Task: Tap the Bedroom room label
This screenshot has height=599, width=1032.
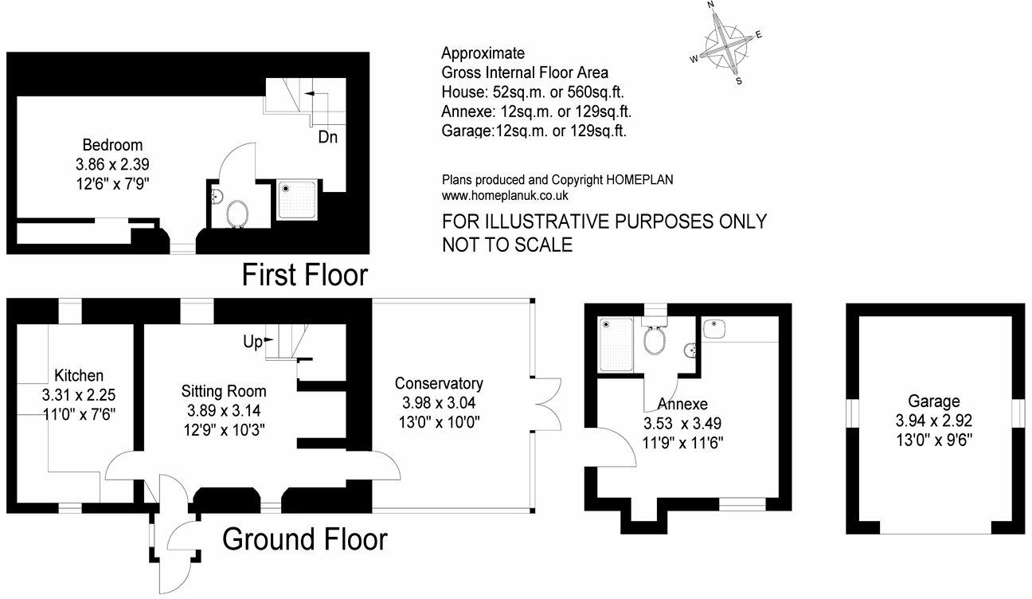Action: [112, 145]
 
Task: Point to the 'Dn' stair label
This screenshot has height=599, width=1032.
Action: [327, 137]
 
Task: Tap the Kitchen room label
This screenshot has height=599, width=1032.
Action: [78, 375]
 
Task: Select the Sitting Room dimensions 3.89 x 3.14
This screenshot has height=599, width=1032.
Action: [223, 411]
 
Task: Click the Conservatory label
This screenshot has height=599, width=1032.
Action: [439, 383]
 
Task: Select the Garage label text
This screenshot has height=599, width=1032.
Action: [933, 401]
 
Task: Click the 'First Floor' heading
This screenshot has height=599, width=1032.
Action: [305, 276]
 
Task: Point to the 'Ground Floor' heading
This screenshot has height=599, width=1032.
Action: [305, 540]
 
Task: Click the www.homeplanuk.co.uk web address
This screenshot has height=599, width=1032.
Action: [505, 195]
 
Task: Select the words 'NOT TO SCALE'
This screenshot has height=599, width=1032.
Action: [507, 245]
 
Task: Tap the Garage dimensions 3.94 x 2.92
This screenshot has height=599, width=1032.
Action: [933, 420]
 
